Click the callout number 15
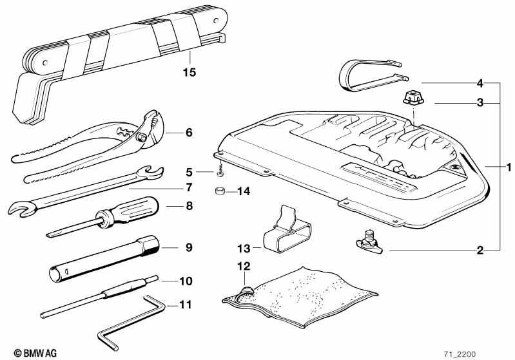click(x=189, y=72)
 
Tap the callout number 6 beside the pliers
click(x=189, y=133)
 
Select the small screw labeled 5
click(x=220, y=172)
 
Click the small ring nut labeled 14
click(x=219, y=191)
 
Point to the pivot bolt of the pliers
click(x=142, y=138)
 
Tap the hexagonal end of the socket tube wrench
click(x=150, y=245)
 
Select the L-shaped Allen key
click(x=131, y=321)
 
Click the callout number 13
click(x=244, y=249)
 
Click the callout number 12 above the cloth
click(x=244, y=266)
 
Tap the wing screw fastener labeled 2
click(x=369, y=242)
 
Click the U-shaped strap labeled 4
click(x=373, y=75)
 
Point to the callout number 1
click(x=509, y=167)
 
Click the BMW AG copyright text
click(x=35, y=353)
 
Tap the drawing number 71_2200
click(x=460, y=354)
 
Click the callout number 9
click(x=189, y=247)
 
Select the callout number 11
click(x=186, y=305)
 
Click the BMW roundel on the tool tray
click(x=454, y=167)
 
